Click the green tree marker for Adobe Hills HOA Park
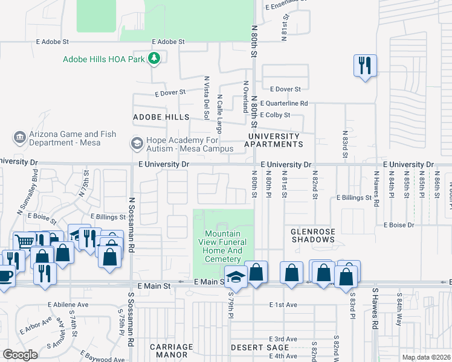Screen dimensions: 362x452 [x=155, y=58]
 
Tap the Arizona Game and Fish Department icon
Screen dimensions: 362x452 [x=20, y=137]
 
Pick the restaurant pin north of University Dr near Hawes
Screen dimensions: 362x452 [x=365, y=65]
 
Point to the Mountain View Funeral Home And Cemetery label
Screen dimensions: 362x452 [x=223, y=246]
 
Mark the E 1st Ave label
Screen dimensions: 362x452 [x=283, y=305]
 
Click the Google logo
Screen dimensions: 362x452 [x=20, y=355]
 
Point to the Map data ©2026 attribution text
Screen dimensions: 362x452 [x=425, y=357]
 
